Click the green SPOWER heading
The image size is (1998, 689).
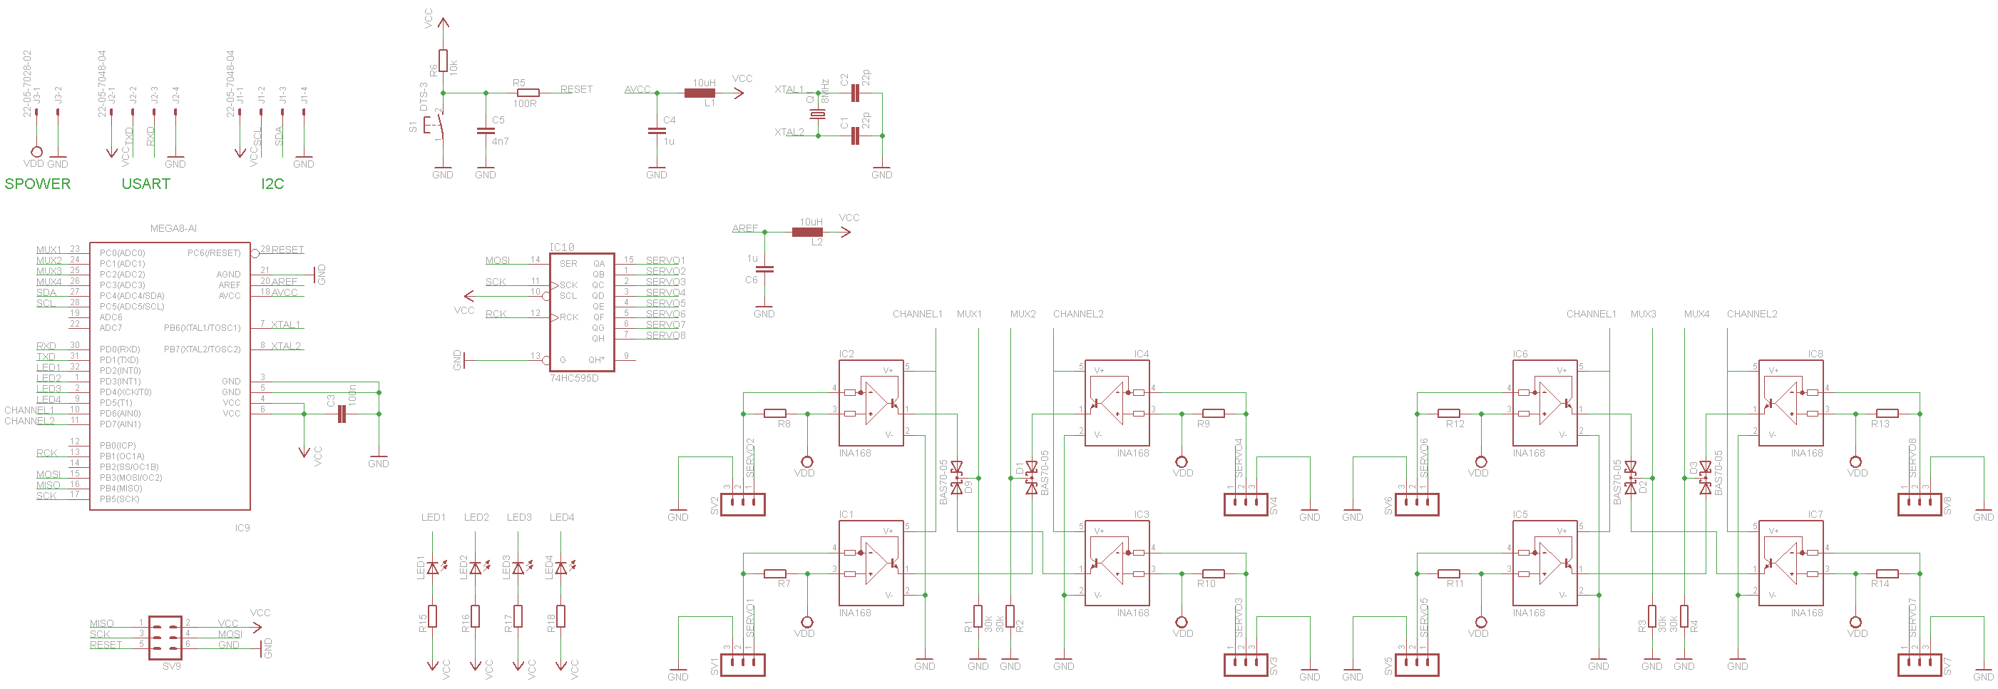[37, 184]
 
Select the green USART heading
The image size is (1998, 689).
[145, 184]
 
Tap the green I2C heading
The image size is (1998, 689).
[272, 184]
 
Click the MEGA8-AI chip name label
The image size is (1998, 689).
[173, 228]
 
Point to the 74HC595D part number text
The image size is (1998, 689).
[574, 378]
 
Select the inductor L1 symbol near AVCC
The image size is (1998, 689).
[700, 93]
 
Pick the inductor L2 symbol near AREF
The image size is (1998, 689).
[806, 232]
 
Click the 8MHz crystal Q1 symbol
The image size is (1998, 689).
[817, 114]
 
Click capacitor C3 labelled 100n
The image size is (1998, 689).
[342, 414]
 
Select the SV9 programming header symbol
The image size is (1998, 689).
[165, 638]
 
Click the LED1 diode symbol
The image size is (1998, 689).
[433, 568]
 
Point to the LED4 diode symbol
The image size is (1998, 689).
[560, 568]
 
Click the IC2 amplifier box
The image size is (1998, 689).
[871, 403]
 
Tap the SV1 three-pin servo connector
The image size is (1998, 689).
[743, 664]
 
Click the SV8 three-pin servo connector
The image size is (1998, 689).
[1919, 504]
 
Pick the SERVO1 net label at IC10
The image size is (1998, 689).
[665, 261]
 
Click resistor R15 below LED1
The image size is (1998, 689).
[433, 616]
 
